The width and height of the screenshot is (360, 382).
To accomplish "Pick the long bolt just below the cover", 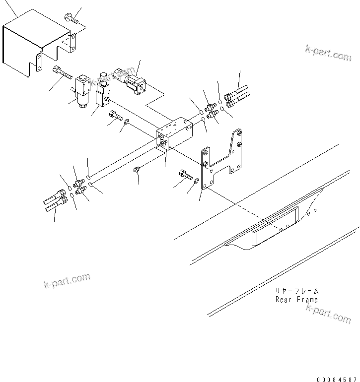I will (x=62, y=74).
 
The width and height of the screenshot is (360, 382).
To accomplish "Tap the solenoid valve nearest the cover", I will (x=82, y=89).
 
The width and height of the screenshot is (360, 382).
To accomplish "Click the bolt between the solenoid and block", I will (x=115, y=116).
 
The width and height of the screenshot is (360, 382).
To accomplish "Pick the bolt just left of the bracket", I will (x=184, y=174).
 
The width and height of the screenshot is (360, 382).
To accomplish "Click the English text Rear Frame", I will (x=296, y=300).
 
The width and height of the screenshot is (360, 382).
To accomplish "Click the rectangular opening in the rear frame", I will (x=275, y=226).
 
